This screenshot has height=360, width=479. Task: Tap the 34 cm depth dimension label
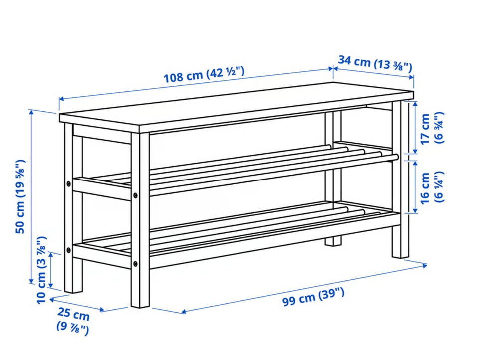pyautogui.click(x=375, y=63)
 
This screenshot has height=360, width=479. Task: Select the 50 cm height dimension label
pyautogui.click(x=20, y=197)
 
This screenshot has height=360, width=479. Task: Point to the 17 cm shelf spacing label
pyautogui.click(x=431, y=129)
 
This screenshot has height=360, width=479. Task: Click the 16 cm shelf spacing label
pyautogui.click(x=431, y=187)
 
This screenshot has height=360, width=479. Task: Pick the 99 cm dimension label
pyautogui.click(x=313, y=297)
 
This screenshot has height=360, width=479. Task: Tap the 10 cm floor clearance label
pyautogui.click(x=41, y=270)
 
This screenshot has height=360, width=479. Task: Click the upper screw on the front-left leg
pyautogui.click(x=135, y=195)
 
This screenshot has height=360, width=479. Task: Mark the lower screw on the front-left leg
pyautogui.click(x=135, y=263)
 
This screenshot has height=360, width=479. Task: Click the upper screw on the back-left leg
pyautogui.click(x=68, y=183)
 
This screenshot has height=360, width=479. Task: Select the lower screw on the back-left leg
pyautogui.click(x=68, y=250)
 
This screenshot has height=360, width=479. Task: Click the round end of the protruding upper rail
pyautogui.click(x=396, y=157)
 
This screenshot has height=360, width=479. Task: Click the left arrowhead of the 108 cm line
pyautogui.click(x=61, y=99)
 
